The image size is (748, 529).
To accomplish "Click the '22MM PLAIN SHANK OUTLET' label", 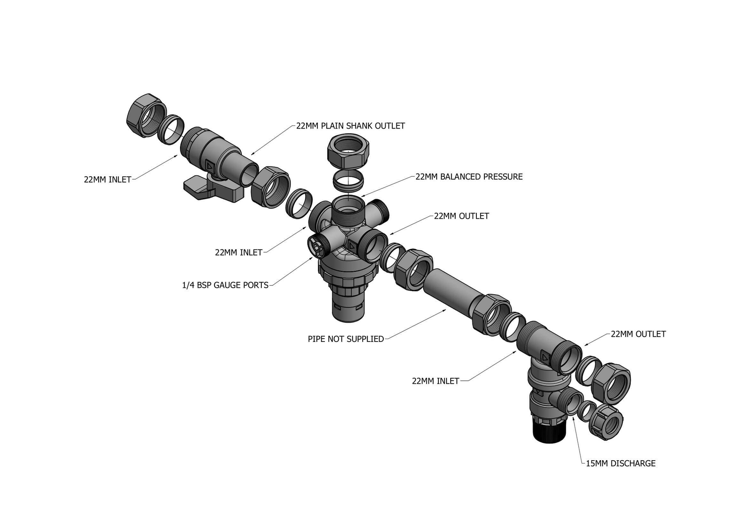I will click(350, 126).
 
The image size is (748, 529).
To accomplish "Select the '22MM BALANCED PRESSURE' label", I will click(468, 177).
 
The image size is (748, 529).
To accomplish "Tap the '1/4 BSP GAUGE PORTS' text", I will click(225, 285).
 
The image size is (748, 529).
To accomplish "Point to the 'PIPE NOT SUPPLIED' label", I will click(345, 339).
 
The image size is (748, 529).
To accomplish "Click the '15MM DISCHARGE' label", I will click(620, 464).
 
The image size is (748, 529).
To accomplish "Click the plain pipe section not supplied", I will click(446, 290).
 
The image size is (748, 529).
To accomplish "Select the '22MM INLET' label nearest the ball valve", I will click(107, 180).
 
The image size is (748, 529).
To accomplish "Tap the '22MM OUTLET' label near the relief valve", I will click(638, 334).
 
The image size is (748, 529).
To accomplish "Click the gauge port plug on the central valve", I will click(317, 245).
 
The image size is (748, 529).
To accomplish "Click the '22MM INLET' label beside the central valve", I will click(238, 253).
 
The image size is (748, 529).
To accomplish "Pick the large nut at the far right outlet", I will click(611, 382).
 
